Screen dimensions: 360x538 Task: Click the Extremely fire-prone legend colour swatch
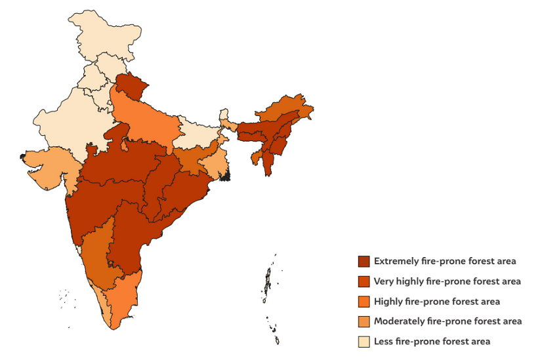pyautogui.click(x=363, y=261)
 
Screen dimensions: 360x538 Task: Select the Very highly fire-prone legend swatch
pyautogui.click(x=363, y=281)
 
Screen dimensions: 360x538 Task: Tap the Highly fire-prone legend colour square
pyautogui.click(x=363, y=302)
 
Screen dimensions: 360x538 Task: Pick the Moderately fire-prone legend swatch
pyautogui.click(x=363, y=321)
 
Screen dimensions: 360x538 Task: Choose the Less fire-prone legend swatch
pyautogui.click(x=363, y=342)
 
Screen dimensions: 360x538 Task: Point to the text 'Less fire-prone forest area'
pyautogui.click(x=432, y=342)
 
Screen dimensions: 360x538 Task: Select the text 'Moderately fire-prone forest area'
pyautogui.click(x=447, y=321)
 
